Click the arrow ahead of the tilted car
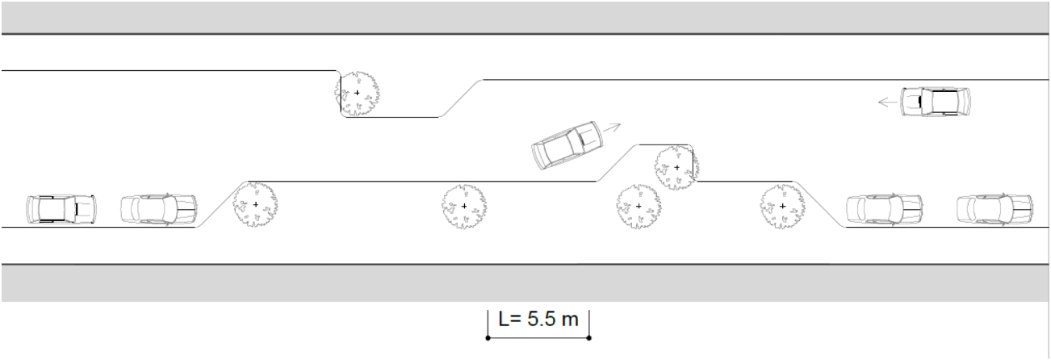coord(612,128)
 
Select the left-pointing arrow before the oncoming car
coord(888,102)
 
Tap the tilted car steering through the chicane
coord(567,145)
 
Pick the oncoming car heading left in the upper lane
coord(935,102)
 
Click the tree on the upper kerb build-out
coord(357,94)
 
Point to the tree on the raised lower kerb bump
coord(676,168)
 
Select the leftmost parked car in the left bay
coord(61,209)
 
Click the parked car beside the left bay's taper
coord(159,209)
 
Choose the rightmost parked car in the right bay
coord(994,209)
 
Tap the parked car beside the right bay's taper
coord(885,209)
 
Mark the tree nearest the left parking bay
coord(255,205)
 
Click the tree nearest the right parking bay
coord(782,207)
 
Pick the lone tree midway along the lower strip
coord(464,207)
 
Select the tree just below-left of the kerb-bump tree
coord(639,207)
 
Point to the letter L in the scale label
coord(504,320)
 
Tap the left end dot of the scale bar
coord(488,338)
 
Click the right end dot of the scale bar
coord(588,338)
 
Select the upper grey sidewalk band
coord(525,18)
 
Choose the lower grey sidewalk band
coord(525,283)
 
